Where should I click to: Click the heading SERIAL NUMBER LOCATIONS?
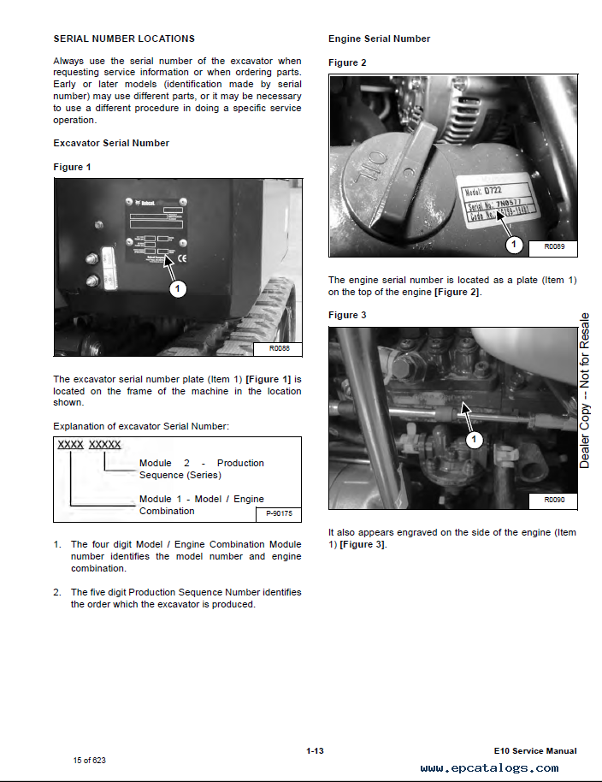124,39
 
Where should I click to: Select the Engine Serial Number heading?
379,39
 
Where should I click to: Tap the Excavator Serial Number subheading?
111,143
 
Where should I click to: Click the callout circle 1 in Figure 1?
177,289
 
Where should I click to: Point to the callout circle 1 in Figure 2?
513,246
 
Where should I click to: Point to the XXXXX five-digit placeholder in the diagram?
105,445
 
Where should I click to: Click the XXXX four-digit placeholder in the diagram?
70,445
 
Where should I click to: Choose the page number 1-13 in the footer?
315,751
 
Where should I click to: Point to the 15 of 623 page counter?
90,760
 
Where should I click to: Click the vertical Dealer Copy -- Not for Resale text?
585,389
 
